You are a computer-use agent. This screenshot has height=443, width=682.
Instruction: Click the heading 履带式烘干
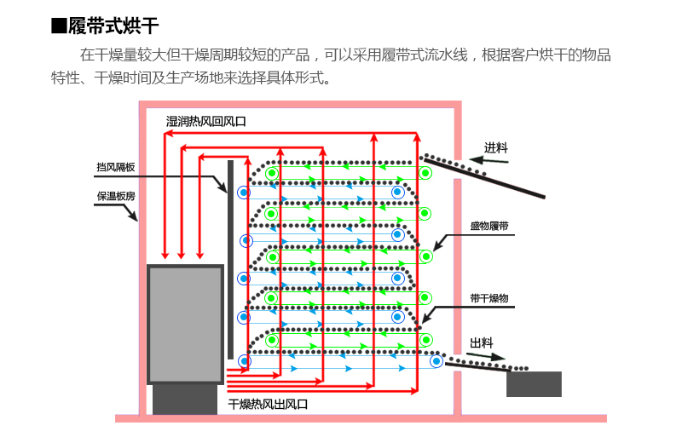tap(113, 26)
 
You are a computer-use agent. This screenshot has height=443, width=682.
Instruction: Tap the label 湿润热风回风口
tap(206, 121)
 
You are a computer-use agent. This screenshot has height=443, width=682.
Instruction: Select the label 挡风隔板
tap(116, 167)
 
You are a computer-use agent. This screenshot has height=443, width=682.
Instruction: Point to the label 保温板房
tap(116, 196)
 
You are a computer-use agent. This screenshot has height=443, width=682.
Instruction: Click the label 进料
tap(496, 148)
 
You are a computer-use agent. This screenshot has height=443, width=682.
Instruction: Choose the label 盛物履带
tap(489, 226)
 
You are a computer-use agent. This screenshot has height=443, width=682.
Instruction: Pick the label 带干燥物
tap(489, 298)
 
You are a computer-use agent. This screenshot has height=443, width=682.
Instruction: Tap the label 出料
tap(482, 343)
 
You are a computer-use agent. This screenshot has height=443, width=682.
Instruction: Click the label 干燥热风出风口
tap(268, 405)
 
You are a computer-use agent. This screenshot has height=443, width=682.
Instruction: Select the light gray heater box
tap(185, 325)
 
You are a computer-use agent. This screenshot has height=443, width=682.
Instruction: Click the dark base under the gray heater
tap(185, 399)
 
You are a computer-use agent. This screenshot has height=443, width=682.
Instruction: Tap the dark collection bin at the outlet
tap(535, 384)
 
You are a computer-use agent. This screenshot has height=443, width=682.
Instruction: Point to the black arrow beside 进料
tap(488, 160)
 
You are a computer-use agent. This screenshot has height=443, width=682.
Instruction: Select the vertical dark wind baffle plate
tap(230, 260)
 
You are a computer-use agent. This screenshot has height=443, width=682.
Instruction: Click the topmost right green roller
tap(425, 173)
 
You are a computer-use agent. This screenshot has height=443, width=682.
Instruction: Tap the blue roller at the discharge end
tap(436, 361)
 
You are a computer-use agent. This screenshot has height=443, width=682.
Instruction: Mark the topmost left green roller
tap(272, 174)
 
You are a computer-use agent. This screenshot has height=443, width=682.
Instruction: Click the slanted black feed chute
tap(484, 178)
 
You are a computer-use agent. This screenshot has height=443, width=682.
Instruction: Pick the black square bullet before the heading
tap(59, 26)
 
